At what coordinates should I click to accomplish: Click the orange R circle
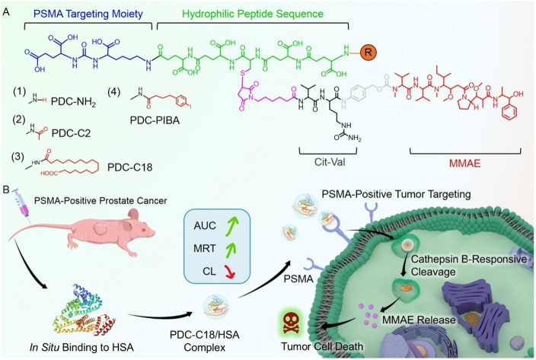tap(368, 53)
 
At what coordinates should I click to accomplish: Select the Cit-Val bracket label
tap(330, 161)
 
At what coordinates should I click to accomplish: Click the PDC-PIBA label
tap(155, 120)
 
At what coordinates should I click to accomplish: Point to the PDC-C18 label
tap(130, 167)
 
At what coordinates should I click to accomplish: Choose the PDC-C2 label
tap(71, 133)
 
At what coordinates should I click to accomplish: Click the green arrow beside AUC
tap(232, 225)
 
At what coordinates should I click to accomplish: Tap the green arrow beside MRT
tap(232, 248)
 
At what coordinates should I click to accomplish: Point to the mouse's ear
tap(133, 216)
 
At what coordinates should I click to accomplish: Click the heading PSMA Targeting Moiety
tap(88, 14)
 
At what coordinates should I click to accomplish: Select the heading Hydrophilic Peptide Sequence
tap(253, 14)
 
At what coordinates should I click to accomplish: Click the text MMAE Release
tap(419, 320)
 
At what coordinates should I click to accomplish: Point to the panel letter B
tap(6, 190)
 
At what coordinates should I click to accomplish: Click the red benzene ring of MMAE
tap(509, 113)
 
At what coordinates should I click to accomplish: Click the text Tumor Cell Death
tap(322, 346)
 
